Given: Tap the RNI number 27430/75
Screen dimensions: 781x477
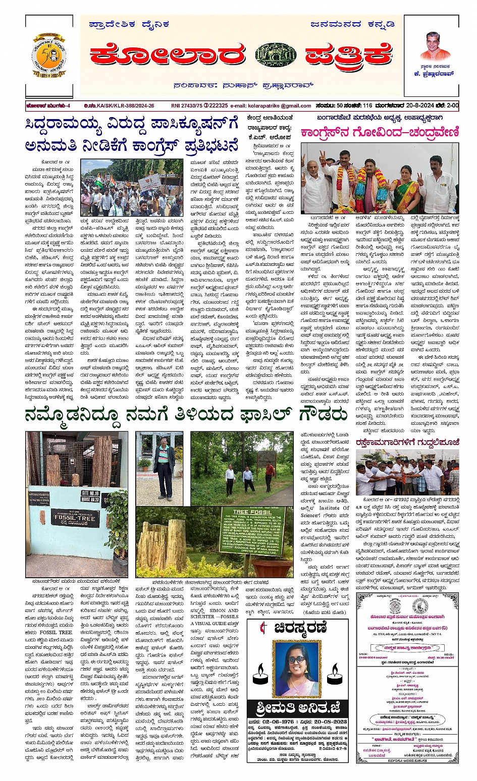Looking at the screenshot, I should click(x=186, y=106).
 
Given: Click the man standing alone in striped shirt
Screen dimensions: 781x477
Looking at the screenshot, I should click(x=163, y=459).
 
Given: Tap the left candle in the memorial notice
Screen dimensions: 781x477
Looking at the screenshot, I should click(x=260, y=676).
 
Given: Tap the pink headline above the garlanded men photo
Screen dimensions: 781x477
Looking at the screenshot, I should click(x=380, y=133).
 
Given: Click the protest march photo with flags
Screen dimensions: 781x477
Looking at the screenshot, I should click(x=132, y=188).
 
